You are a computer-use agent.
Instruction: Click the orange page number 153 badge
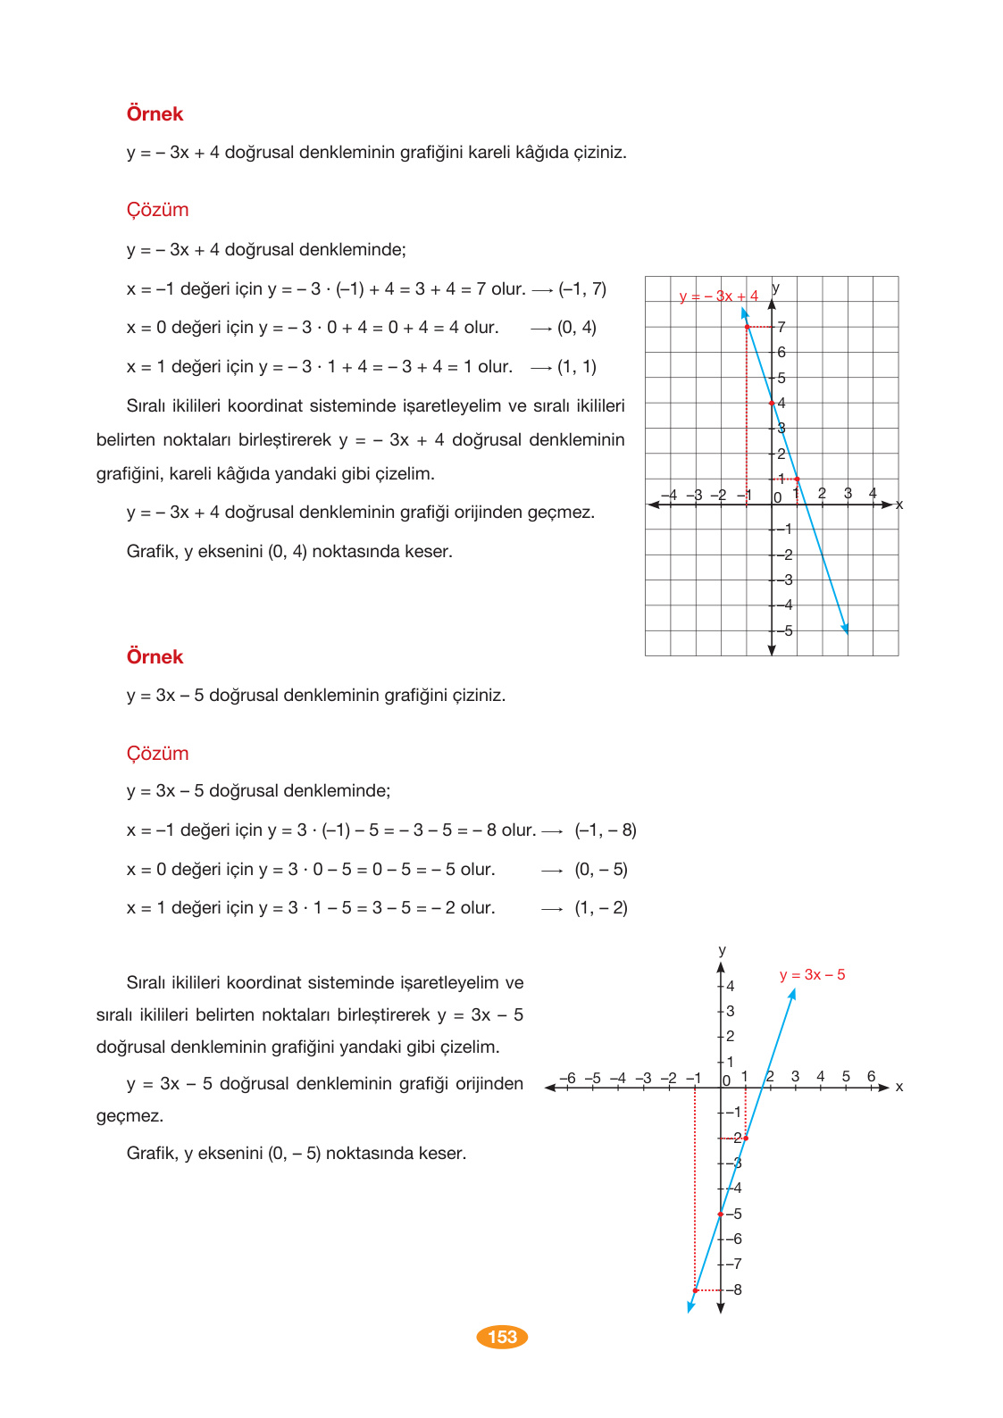click(x=502, y=1337)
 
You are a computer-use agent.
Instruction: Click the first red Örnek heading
click(x=155, y=114)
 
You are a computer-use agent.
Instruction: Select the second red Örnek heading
click(x=155, y=657)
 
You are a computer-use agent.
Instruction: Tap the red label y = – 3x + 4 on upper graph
click(x=718, y=296)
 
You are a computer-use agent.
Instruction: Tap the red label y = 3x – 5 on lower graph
click(x=812, y=975)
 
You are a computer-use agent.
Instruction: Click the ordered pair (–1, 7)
click(x=582, y=289)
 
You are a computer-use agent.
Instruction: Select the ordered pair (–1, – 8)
click(x=606, y=830)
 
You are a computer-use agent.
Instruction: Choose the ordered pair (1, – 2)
click(x=601, y=908)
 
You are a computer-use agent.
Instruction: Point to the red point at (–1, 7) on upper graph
click(x=747, y=327)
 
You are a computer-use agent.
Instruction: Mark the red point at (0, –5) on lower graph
click(x=721, y=1214)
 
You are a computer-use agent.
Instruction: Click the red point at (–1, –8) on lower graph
click(x=695, y=1290)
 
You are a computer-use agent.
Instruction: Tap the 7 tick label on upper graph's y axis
click(x=782, y=328)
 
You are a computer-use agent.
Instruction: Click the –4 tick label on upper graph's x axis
click(x=668, y=495)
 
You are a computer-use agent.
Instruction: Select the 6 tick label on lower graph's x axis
click(x=871, y=1076)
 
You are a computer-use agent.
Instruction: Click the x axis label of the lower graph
click(x=899, y=1087)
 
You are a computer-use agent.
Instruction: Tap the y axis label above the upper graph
click(x=775, y=288)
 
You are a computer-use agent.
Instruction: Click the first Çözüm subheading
click(x=157, y=210)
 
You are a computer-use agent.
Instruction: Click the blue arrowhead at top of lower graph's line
click(x=792, y=994)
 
